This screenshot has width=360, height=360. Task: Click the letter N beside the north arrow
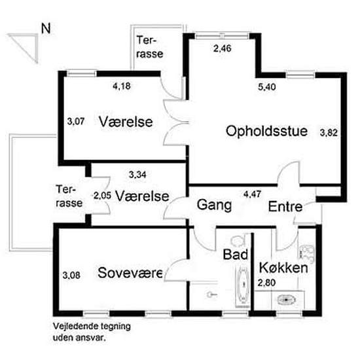(46, 28)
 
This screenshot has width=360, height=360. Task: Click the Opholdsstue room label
(266, 131)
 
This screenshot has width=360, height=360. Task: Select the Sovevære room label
(130, 273)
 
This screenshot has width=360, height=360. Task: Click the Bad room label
(234, 253)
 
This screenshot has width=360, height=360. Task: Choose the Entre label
(285, 207)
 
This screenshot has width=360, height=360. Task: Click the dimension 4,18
(121, 85)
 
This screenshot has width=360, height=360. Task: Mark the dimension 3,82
(329, 133)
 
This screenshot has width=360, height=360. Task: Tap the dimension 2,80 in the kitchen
(266, 282)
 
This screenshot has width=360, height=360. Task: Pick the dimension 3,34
(137, 174)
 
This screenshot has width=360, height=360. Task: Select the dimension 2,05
(102, 196)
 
